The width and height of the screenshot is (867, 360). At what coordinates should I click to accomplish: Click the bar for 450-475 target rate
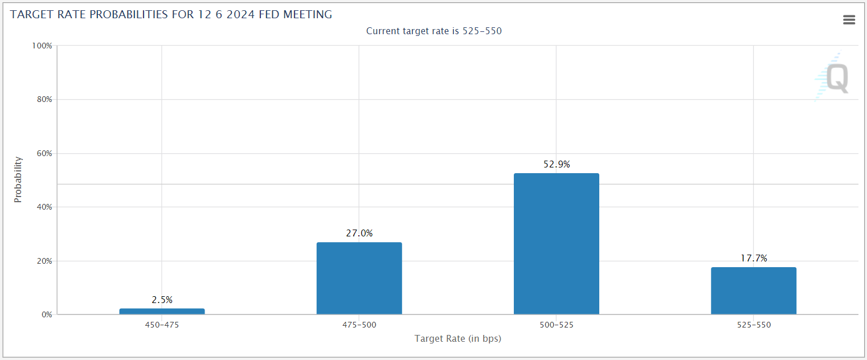(x=162, y=311)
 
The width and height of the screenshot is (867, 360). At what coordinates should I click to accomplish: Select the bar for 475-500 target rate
(x=359, y=279)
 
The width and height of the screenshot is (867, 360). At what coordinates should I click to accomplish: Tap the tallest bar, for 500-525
(x=556, y=244)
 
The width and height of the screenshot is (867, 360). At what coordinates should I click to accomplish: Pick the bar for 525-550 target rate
(x=754, y=291)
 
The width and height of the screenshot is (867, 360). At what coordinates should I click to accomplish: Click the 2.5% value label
(x=162, y=300)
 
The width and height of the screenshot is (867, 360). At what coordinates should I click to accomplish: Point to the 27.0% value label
(x=359, y=233)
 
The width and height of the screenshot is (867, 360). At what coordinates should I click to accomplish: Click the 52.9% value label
(x=557, y=164)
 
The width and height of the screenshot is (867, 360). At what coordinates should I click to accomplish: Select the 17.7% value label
(x=754, y=258)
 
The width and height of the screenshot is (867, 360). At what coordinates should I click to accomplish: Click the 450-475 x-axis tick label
(x=162, y=325)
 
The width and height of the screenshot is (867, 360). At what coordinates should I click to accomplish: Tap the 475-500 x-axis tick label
(x=359, y=325)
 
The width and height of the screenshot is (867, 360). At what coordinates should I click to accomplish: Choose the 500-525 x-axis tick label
(x=557, y=325)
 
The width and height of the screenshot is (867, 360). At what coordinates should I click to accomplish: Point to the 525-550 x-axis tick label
(x=754, y=325)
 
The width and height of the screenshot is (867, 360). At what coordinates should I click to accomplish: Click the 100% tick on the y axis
(x=42, y=46)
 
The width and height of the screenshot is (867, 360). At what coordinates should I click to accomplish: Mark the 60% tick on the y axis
(x=44, y=153)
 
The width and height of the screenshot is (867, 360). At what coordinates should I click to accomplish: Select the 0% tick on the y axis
(x=47, y=314)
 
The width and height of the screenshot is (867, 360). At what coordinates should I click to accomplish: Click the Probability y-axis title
(x=18, y=179)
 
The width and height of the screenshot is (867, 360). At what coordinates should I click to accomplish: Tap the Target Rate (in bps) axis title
(x=458, y=339)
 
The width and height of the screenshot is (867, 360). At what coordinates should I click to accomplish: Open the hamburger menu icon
(x=849, y=20)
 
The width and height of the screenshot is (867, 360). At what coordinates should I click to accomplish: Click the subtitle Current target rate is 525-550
(x=434, y=31)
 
